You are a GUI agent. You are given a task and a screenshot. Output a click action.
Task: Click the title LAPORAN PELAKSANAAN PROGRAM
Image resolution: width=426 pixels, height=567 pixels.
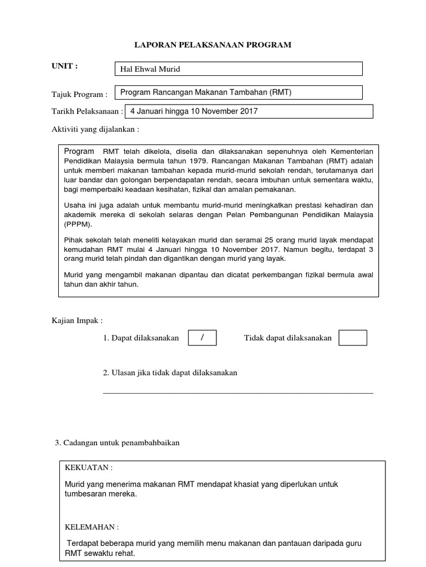(213, 45)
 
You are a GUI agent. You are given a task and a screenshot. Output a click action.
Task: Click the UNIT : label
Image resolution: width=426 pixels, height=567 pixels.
(64, 66)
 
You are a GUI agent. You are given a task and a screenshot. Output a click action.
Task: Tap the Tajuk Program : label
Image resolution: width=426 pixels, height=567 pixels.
(79, 94)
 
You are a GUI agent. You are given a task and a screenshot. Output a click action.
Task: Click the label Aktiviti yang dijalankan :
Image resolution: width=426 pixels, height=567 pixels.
(95, 129)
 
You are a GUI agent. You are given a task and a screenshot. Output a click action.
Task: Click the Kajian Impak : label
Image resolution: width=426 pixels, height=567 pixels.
(77, 321)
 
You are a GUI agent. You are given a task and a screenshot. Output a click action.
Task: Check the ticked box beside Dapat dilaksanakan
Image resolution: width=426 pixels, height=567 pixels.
(202, 338)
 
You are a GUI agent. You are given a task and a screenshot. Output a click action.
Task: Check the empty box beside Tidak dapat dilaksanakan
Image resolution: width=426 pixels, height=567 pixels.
(352, 338)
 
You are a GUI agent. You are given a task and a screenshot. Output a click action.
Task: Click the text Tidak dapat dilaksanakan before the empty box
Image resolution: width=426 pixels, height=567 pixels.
(288, 338)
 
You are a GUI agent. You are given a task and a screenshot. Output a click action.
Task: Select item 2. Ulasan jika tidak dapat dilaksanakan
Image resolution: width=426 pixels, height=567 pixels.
(170, 373)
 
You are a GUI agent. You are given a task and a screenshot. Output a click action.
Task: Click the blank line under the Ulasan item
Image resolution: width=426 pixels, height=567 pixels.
(238, 392)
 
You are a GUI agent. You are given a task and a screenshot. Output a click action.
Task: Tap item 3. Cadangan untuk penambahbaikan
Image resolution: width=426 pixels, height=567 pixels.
(117, 443)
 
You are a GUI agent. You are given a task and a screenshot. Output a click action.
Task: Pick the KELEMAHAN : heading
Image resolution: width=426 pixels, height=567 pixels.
(92, 527)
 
